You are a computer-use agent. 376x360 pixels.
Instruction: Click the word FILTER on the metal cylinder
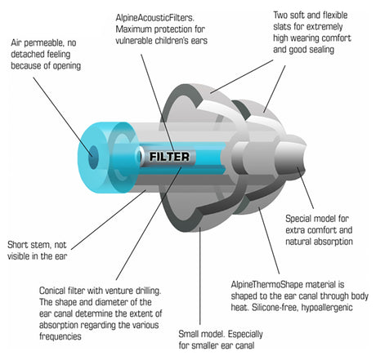(169, 157)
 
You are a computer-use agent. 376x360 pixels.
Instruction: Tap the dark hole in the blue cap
(93, 157)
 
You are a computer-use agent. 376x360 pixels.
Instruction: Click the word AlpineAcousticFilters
(154, 18)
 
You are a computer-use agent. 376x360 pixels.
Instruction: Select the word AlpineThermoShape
(266, 285)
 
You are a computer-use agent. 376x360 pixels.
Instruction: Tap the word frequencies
(60, 336)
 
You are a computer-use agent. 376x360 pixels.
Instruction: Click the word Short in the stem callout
(18, 245)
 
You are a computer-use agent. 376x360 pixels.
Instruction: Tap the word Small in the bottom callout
(190, 334)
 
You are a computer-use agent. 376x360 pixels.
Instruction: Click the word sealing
(320, 50)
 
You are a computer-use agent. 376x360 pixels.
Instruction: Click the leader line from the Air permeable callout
(62, 117)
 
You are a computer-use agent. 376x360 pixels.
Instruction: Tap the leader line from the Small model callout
(200, 276)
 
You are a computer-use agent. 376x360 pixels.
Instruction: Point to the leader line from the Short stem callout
(109, 220)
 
